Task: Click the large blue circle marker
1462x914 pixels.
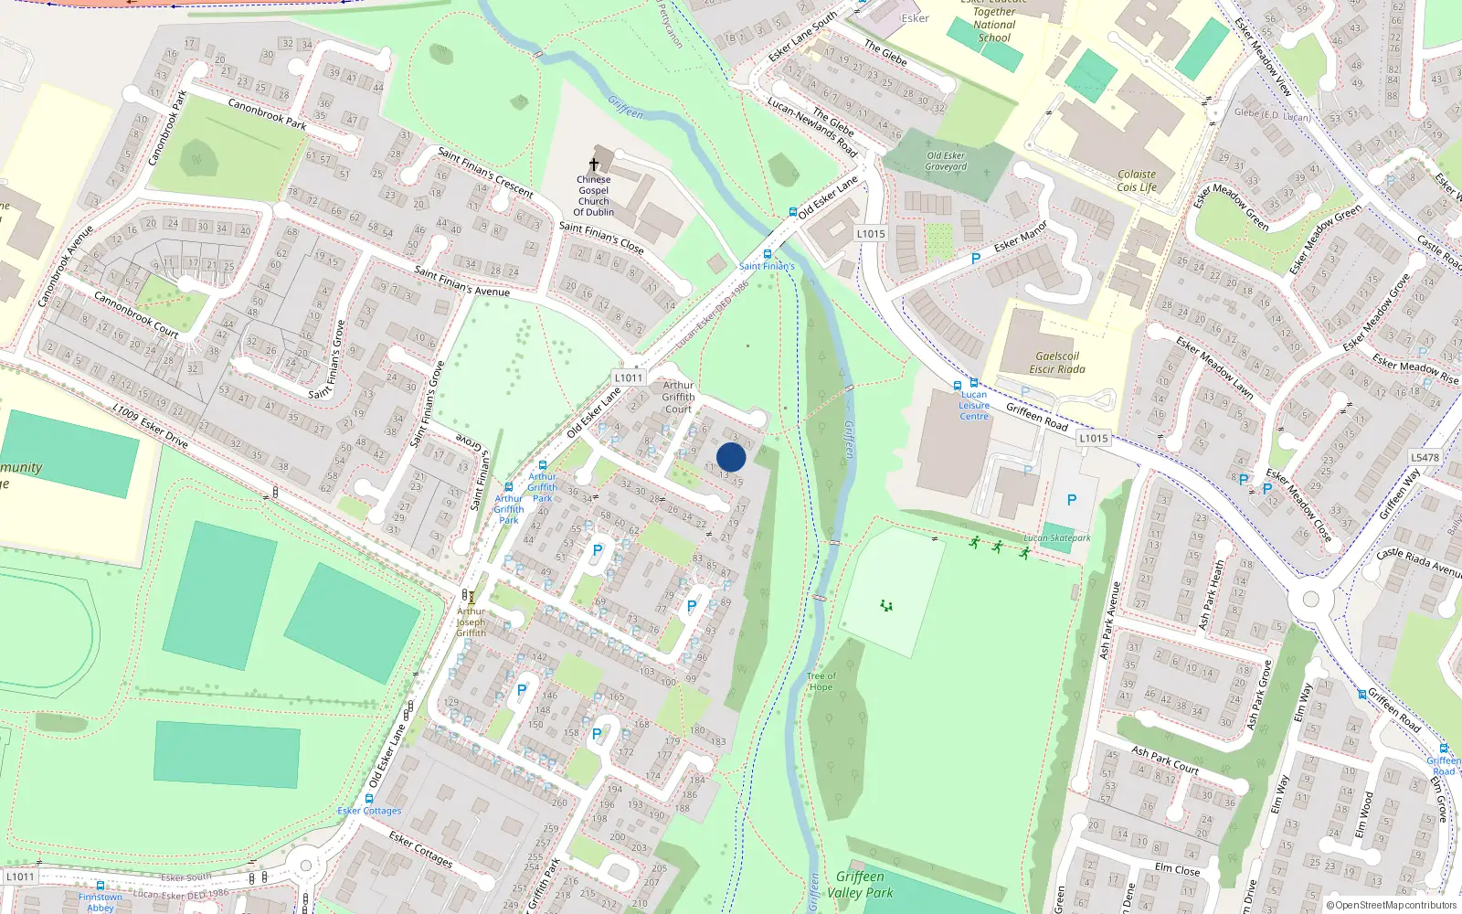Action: (x=731, y=457)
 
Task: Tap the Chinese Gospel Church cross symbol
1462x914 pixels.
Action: (x=594, y=165)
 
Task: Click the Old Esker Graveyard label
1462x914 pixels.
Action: (x=946, y=161)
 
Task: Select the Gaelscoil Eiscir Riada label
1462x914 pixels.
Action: (x=1057, y=363)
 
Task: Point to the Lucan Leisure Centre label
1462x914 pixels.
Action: (x=974, y=405)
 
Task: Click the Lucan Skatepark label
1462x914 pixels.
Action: (x=1057, y=537)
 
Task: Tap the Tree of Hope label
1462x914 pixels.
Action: (x=821, y=682)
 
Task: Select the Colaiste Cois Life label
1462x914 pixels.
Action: (x=1137, y=181)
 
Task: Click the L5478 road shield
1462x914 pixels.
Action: (x=1425, y=457)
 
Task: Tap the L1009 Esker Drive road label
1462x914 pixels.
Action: (x=150, y=426)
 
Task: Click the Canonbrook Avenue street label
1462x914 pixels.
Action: (x=66, y=265)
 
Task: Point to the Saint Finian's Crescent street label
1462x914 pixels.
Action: (x=485, y=172)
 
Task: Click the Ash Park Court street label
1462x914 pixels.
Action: (x=1165, y=760)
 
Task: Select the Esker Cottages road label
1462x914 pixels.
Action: (x=369, y=811)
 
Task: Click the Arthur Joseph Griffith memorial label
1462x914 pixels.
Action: (x=471, y=622)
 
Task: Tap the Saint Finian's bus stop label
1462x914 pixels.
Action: (x=767, y=266)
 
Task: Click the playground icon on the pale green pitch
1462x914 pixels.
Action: (x=885, y=605)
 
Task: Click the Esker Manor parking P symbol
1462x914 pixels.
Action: (x=976, y=259)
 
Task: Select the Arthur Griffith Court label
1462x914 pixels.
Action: (x=678, y=397)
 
